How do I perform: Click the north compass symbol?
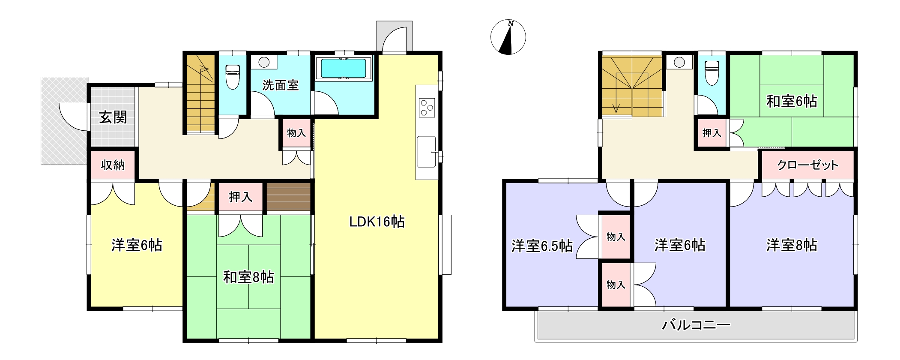508,37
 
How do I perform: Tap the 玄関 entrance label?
113,117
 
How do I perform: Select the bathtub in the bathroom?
344,68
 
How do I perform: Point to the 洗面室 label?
280,85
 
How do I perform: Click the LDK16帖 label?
377,222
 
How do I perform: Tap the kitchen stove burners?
427,107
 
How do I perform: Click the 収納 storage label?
113,165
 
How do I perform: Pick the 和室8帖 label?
248,277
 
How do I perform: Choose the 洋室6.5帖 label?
542,246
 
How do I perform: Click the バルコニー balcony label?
696,325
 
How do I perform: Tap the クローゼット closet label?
807,165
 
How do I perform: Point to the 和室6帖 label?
792,102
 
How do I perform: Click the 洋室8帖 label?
792,245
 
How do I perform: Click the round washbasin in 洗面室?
264,62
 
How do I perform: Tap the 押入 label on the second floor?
712,133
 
